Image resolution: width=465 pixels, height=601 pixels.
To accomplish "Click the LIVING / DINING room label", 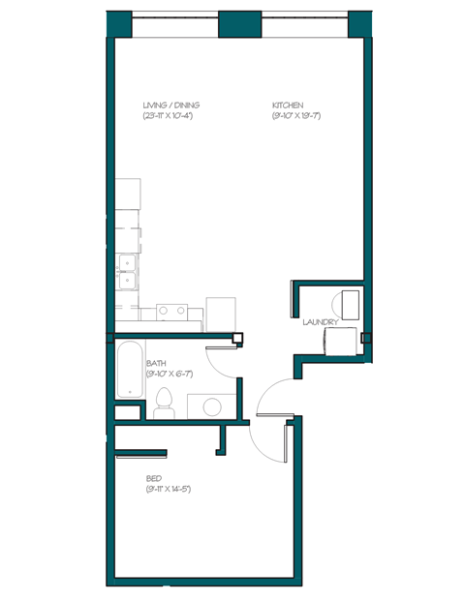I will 171,105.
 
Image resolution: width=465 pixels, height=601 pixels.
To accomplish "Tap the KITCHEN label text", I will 288,105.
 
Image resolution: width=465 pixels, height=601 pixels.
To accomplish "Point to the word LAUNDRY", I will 319,321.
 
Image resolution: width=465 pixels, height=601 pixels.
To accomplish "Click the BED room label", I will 153,478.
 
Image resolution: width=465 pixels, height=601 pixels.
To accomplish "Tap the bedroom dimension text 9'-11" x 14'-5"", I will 168,490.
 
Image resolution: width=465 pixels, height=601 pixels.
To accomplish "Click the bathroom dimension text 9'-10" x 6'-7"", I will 167,373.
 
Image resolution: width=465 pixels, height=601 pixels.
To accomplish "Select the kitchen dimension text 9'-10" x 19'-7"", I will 295,116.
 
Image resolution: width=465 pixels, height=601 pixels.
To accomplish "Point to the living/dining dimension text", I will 170,116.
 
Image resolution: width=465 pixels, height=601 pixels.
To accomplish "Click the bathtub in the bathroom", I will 129,368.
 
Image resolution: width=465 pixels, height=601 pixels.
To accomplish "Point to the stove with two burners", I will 172,311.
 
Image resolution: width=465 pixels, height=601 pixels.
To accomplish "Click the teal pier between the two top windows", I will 234,23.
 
